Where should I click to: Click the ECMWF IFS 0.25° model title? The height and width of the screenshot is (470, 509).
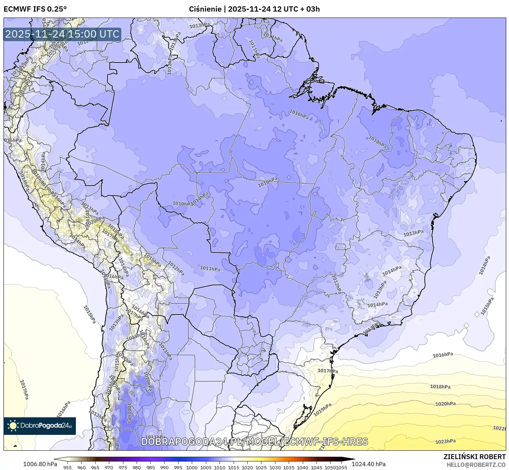pos(35,9)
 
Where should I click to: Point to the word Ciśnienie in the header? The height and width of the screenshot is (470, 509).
pos(205,9)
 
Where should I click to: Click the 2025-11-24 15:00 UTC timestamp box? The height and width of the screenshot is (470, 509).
pos(62,34)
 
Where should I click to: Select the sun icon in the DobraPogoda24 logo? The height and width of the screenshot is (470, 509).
pos(13,426)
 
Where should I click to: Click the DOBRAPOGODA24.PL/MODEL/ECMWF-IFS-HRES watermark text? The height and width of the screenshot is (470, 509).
pos(255,442)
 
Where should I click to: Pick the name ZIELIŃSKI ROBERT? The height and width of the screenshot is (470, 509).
pos(475,457)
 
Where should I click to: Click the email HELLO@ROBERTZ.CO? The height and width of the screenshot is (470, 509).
pos(476,464)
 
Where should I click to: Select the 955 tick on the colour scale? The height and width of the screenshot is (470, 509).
pos(67,468)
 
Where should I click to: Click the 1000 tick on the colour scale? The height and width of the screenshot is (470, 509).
pos(192,468)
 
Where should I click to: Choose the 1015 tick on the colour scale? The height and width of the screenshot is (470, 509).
pos(233,468)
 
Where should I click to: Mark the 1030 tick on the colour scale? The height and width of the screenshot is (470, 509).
pos(275,468)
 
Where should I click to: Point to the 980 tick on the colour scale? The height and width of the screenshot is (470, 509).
pos(137,468)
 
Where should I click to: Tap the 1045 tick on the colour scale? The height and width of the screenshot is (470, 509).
pos(316,468)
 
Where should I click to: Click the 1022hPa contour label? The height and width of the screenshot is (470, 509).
pos(499,428)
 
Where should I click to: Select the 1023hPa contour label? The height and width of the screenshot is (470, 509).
pos(445,442)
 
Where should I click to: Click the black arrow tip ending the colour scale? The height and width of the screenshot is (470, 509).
pos(353,459)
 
